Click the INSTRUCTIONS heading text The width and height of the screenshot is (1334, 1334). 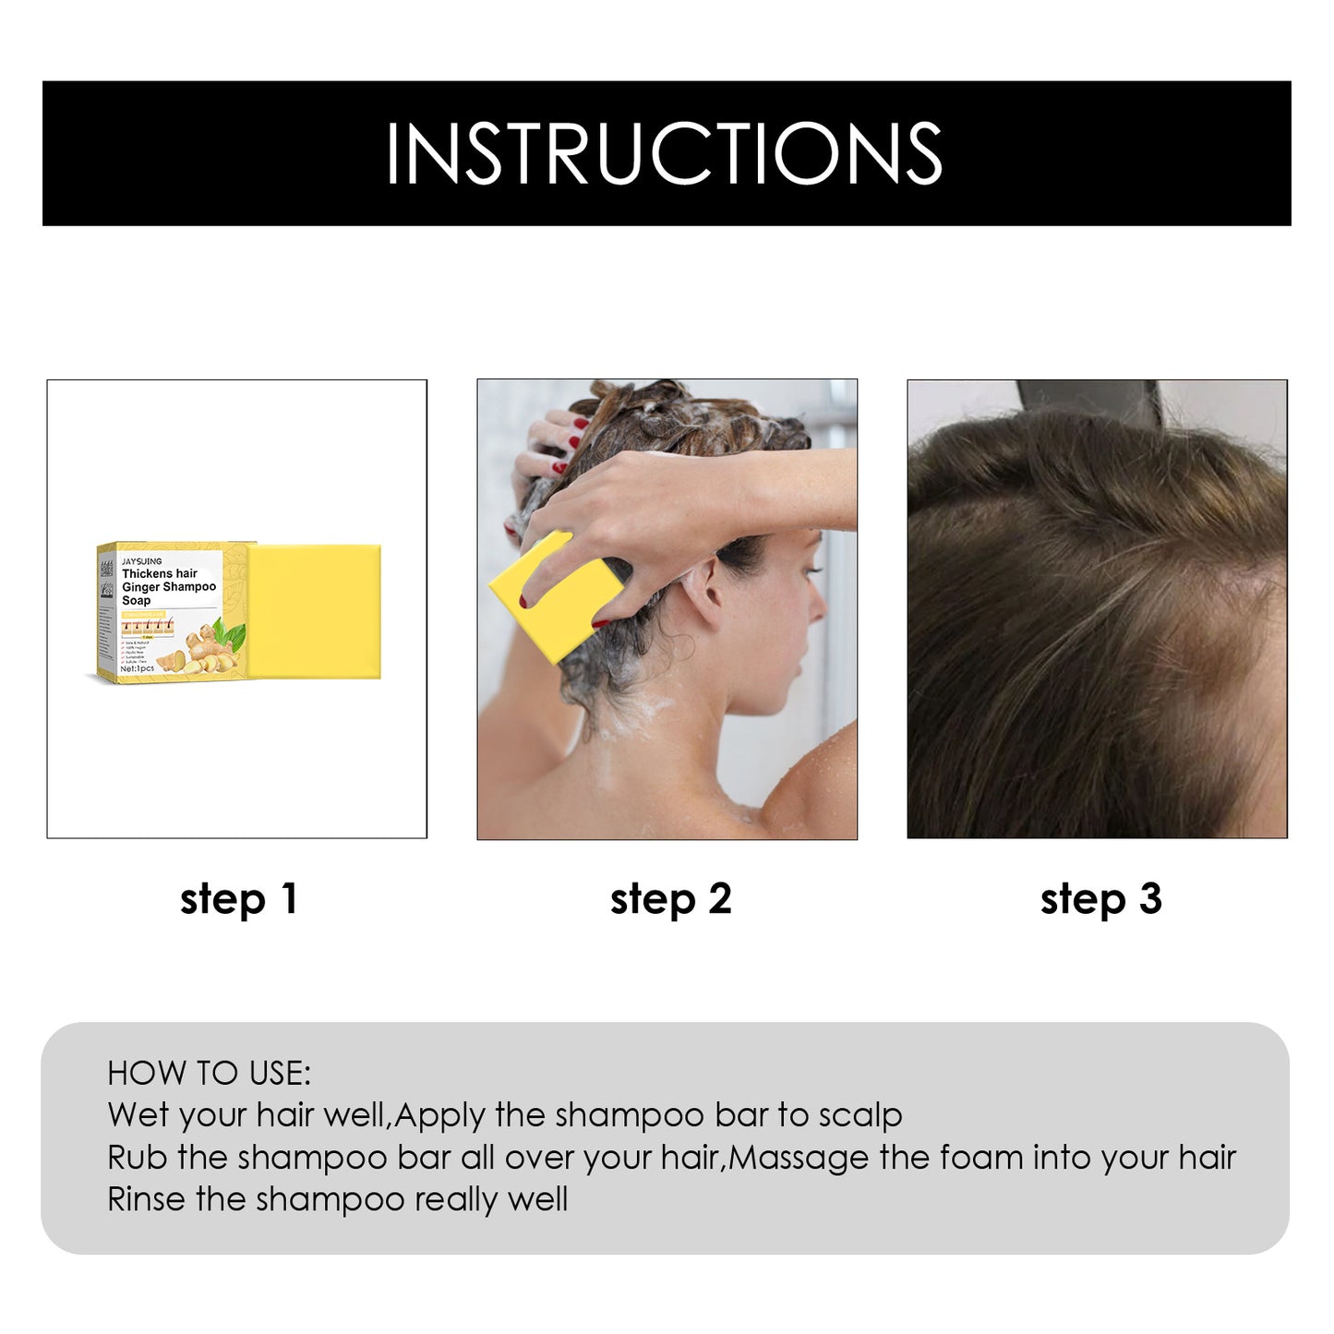pos(664,153)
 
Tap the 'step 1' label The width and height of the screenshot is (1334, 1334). pos(238,898)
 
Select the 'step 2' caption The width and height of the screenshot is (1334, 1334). pos(670,898)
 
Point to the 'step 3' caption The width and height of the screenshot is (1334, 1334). pos(1100,898)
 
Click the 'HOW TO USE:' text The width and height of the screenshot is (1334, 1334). pos(210,1073)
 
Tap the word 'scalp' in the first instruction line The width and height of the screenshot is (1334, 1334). pos(860,1115)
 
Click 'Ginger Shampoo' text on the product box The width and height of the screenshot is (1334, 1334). pos(169,587)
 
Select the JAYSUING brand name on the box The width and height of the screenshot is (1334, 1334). pos(141,561)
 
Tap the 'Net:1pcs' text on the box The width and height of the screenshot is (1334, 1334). pos(138,668)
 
